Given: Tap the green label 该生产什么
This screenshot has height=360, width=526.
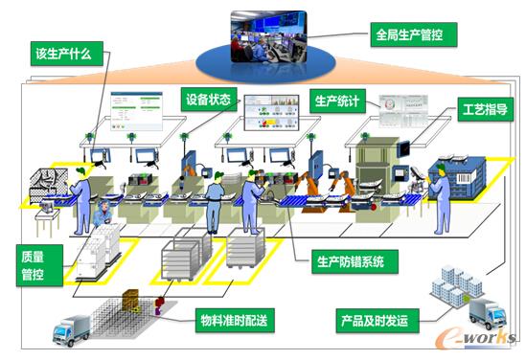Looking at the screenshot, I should pos(62,54).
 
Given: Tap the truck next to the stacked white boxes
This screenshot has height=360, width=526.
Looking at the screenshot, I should pos(486,313).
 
